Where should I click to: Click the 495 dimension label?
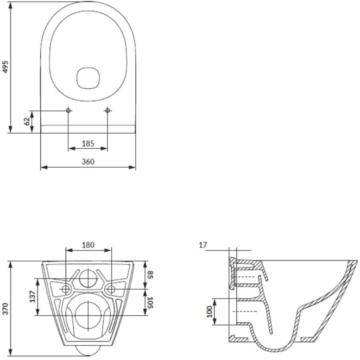[x=5, y=67]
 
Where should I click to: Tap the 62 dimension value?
[x=27, y=121]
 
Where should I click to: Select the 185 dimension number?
[x=88, y=144]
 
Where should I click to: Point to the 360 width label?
[x=88, y=162]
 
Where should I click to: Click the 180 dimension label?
[x=88, y=245]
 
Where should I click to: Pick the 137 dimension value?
[x=33, y=296]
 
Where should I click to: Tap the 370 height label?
[x=5, y=309]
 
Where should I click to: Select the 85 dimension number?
[x=150, y=274]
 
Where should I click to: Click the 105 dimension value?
[x=150, y=303]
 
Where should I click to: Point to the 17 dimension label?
[x=203, y=245]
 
